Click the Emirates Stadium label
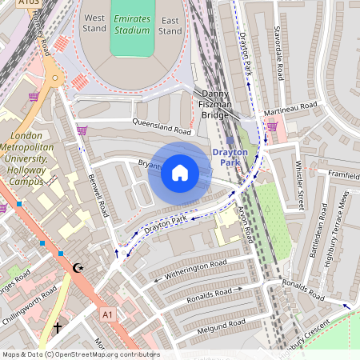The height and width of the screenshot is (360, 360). tap(132, 24)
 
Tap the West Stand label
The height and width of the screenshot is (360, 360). tap(94, 24)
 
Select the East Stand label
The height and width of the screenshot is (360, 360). tap(170, 24)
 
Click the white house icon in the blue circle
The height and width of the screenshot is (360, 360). tap(180, 172)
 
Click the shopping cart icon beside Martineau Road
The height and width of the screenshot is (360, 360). tap(272, 126)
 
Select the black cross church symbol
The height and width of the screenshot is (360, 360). tap(57, 327)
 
